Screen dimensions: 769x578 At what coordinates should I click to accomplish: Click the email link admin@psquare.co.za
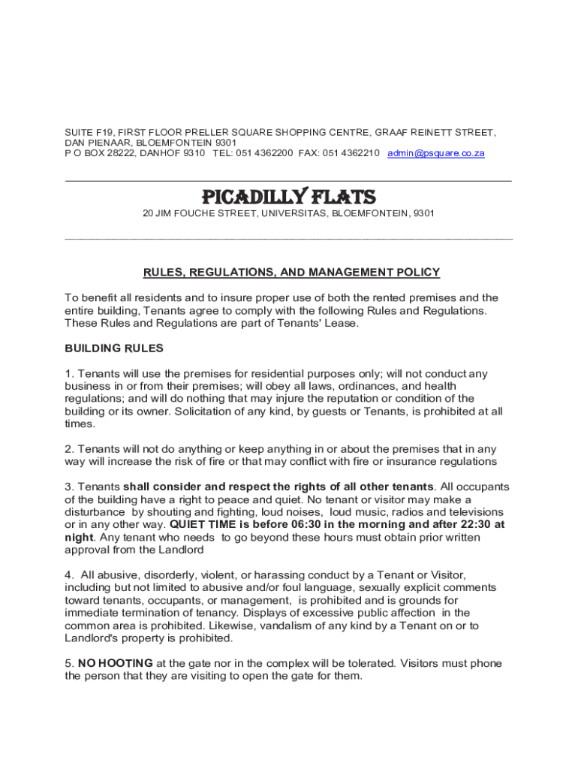[436, 153]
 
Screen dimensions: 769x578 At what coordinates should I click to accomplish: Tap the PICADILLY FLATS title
[289, 197]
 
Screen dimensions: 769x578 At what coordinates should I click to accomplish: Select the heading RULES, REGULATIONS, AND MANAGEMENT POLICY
[291, 272]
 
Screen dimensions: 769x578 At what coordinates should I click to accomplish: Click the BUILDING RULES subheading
[114, 348]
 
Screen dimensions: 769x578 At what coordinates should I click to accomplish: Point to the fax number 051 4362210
[351, 153]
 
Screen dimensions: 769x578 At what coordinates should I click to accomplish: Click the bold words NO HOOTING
[116, 663]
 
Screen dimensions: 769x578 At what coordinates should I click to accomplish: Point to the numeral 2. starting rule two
[70, 449]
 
